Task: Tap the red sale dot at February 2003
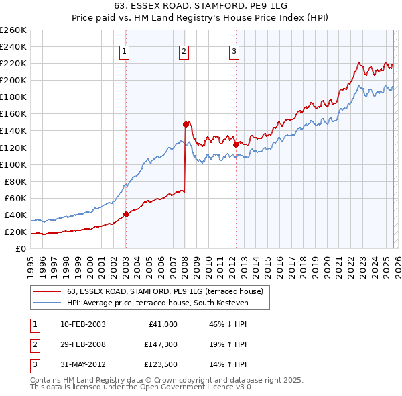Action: click(x=126, y=214)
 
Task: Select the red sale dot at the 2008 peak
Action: click(x=186, y=124)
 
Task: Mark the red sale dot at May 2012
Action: click(x=236, y=144)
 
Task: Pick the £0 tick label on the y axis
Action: click(x=20, y=249)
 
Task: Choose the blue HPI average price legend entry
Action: click(x=157, y=303)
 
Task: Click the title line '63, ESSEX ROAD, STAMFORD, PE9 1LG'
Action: click(x=201, y=7)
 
